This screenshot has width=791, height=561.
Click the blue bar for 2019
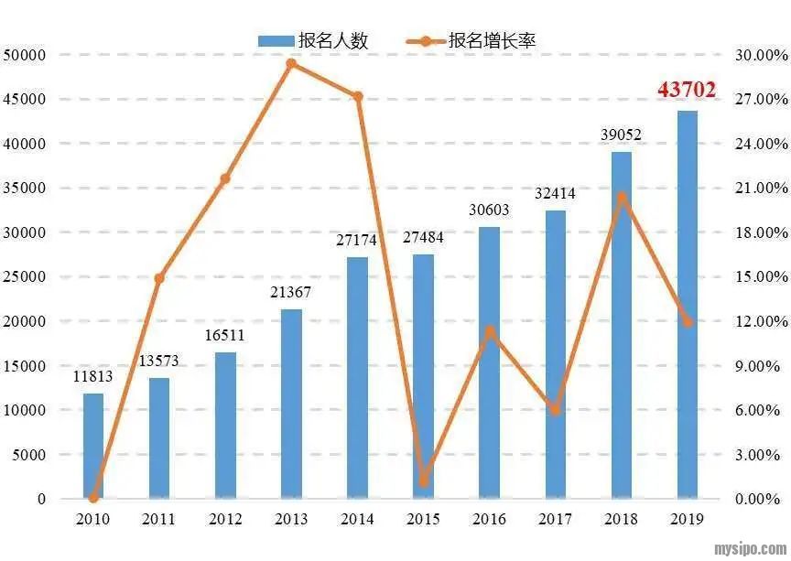point(687,305)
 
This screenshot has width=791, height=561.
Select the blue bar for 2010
point(93,446)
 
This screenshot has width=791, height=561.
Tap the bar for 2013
point(291,404)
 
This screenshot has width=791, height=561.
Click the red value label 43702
point(687,90)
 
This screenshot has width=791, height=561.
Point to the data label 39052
point(621,135)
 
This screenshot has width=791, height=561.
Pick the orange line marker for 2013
point(291,64)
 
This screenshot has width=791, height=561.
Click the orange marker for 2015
point(423,480)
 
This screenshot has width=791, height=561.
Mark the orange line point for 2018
point(622,197)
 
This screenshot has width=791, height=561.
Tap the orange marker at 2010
point(93,498)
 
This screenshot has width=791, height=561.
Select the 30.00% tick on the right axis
point(761,55)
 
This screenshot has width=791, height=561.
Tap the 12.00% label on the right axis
point(761,321)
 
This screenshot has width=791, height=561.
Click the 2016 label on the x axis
point(489,519)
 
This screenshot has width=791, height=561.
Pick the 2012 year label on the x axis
point(225,519)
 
